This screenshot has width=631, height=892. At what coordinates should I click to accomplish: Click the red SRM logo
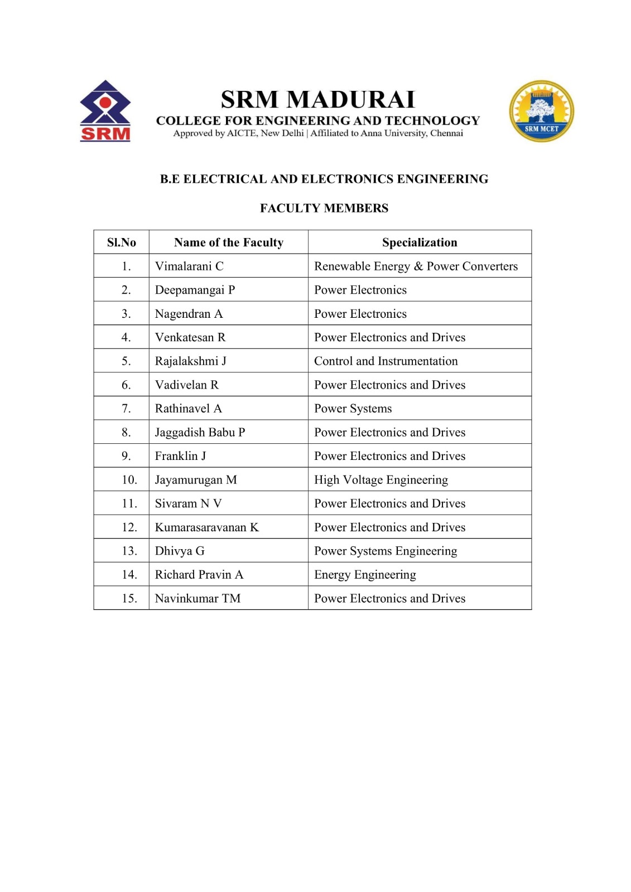click(105, 111)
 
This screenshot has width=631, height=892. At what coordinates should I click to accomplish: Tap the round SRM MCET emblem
click(541, 111)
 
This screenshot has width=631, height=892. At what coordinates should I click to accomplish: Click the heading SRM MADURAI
click(318, 100)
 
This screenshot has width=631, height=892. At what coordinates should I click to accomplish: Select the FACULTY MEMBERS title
click(324, 209)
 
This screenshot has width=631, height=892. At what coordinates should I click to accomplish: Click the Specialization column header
click(420, 243)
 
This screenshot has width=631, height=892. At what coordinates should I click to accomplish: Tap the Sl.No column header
click(122, 243)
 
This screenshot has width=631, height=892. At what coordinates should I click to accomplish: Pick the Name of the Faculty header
click(229, 243)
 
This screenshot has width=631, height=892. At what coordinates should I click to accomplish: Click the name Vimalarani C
click(189, 266)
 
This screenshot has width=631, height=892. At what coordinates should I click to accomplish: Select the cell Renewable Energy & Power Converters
click(416, 266)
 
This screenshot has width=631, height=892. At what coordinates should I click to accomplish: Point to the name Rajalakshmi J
click(191, 361)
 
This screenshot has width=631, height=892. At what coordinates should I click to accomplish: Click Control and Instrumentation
click(386, 361)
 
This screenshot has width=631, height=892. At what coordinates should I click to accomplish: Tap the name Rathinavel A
click(189, 409)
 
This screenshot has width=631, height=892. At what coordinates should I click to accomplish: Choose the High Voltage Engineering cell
click(381, 480)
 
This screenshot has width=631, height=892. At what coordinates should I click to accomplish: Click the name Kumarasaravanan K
click(207, 527)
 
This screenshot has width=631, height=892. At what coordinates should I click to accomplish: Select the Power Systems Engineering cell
click(386, 551)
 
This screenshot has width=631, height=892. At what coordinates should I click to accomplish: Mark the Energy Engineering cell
click(365, 575)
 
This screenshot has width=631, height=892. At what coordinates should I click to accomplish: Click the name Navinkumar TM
click(198, 599)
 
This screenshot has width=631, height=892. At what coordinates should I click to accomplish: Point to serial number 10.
click(129, 480)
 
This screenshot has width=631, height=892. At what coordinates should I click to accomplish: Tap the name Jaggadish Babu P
click(200, 433)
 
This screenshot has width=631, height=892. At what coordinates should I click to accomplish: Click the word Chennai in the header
click(446, 133)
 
